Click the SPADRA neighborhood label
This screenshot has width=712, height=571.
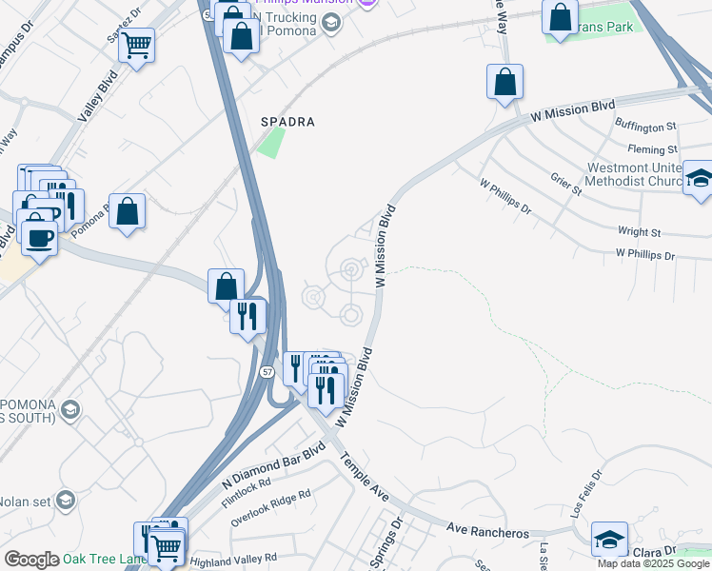(x=287, y=123)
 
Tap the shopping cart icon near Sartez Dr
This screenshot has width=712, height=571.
(x=137, y=43)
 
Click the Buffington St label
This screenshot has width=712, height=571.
(x=645, y=126)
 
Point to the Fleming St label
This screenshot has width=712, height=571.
(x=652, y=149)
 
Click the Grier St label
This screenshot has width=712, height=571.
(x=565, y=184)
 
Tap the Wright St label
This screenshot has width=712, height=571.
(x=639, y=232)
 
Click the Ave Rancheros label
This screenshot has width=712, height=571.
(x=487, y=528)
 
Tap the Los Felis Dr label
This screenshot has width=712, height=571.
(x=588, y=489)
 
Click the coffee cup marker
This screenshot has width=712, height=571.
(x=39, y=238)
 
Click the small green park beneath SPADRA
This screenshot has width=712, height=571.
(x=271, y=144)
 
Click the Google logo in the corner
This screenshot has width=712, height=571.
(x=32, y=560)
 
